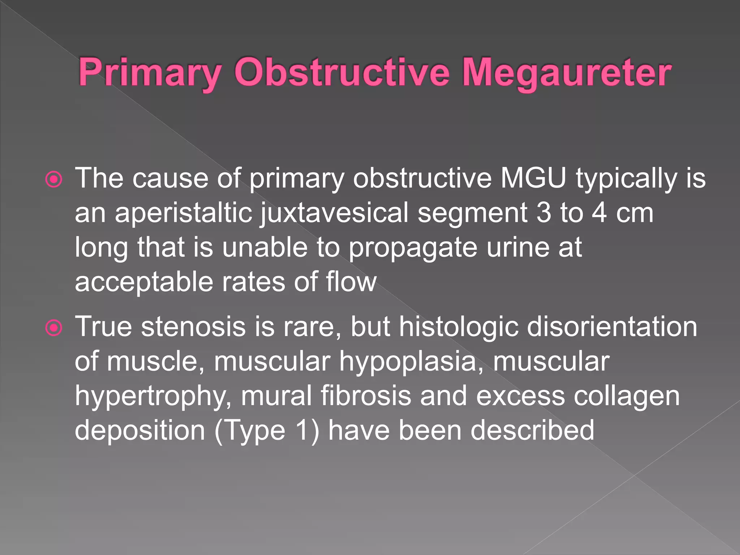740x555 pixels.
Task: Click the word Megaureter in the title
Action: [x=566, y=73]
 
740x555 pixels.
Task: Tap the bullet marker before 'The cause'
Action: [x=54, y=179]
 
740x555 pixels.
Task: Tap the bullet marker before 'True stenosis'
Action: [x=54, y=328]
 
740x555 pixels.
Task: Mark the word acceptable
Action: [x=144, y=282]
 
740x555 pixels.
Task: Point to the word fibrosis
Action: [x=366, y=396]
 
